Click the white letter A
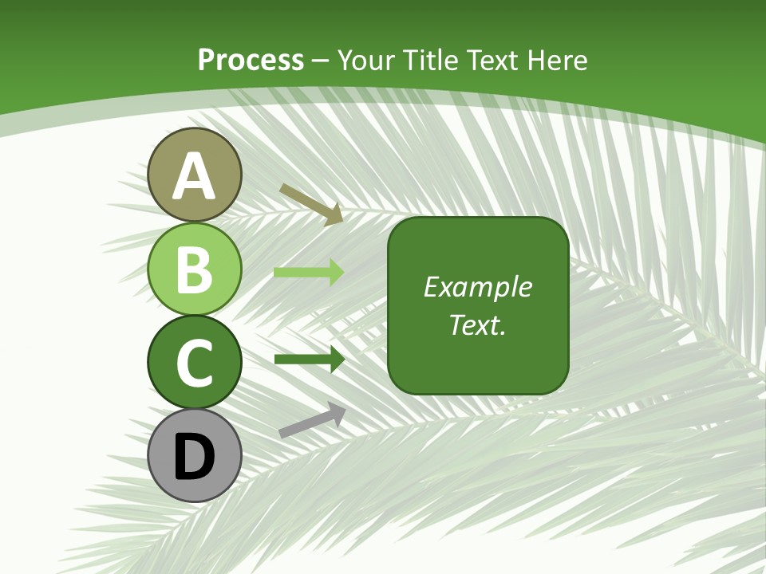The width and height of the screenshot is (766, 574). point(195,176)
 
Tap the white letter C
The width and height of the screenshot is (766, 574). point(195,364)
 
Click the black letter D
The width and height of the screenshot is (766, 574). point(195,457)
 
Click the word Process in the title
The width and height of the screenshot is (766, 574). point(251,61)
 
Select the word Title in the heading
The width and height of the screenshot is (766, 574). point(431,61)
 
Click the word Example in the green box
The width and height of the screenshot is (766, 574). point(477,287)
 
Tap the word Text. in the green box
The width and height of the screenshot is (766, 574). point(477,324)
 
